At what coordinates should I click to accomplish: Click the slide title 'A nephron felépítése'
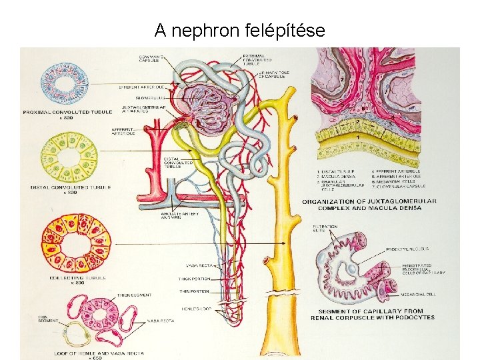click(240, 30)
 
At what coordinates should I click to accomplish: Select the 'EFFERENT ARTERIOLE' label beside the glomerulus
click(142, 87)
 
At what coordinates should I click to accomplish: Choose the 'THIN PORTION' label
click(194, 291)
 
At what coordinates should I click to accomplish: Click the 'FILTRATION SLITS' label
click(324, 228)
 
